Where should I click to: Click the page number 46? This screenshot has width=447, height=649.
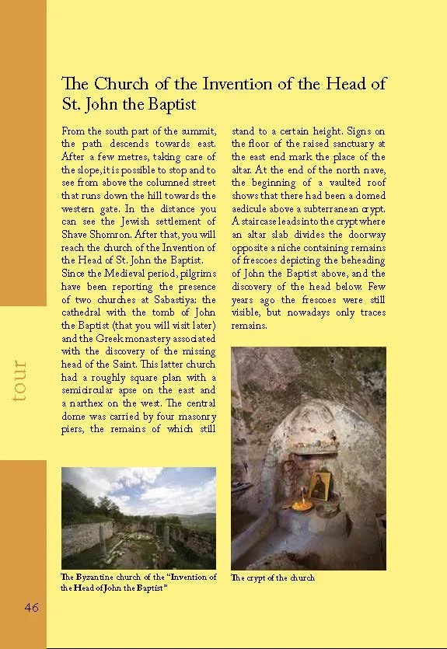pos(31,607)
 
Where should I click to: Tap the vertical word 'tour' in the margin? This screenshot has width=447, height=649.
pos(19,381)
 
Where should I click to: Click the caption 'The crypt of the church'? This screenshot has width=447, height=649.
pos(273,578)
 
